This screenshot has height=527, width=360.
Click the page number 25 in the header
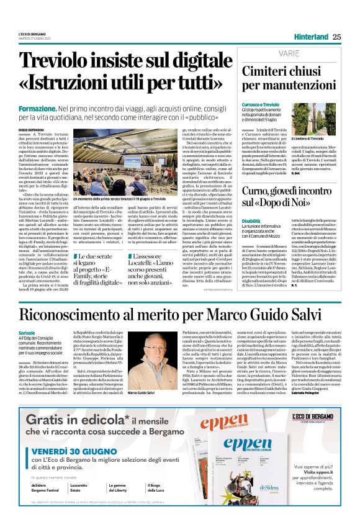click(x=336, y=36)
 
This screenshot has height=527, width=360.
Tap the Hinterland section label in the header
click(x=312, y=36)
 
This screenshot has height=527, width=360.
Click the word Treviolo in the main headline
click(x=56, y=61)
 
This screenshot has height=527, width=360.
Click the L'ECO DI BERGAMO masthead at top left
click(x=31, y=33)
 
